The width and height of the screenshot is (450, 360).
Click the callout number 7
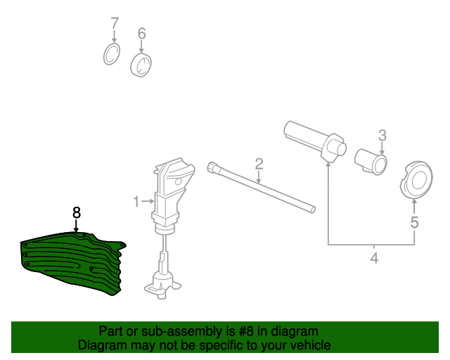coord(115,23)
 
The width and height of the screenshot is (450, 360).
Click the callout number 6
coord(142,33)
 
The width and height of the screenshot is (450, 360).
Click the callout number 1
coord(136,202)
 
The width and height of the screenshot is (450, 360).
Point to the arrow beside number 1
coord(148,202)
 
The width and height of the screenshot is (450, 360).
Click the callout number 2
coord(259,164)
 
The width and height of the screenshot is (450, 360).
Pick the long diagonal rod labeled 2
coord(261,188)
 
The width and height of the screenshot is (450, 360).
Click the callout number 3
coord(382,136)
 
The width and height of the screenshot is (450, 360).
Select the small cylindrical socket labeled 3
coord(371,162)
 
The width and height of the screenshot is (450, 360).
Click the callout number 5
coord(414,222)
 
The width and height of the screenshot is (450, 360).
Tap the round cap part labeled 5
coord(416,180)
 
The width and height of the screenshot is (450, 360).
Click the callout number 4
coord(374,258)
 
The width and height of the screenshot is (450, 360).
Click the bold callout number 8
coord(77,213)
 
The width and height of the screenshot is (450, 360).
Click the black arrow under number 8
coord(76,226)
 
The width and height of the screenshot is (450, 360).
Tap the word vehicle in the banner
coord(311,345)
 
